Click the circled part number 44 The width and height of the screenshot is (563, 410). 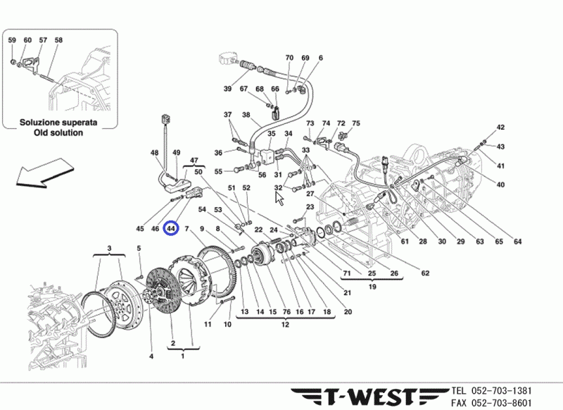[171, 229]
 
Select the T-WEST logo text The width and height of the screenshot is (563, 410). [366, 396]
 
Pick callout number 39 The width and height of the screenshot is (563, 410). [227, 89]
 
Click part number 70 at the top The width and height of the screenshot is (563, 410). [289, 58]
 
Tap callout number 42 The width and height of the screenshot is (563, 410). [500, 128]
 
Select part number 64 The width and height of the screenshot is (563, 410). [517, 242]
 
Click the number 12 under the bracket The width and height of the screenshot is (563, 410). [285, 325]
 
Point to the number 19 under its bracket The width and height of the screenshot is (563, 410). [372, 287]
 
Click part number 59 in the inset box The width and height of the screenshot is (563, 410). [12, 40]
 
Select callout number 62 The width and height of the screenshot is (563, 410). [425, 273]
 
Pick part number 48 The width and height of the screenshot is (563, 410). [155, 153]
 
